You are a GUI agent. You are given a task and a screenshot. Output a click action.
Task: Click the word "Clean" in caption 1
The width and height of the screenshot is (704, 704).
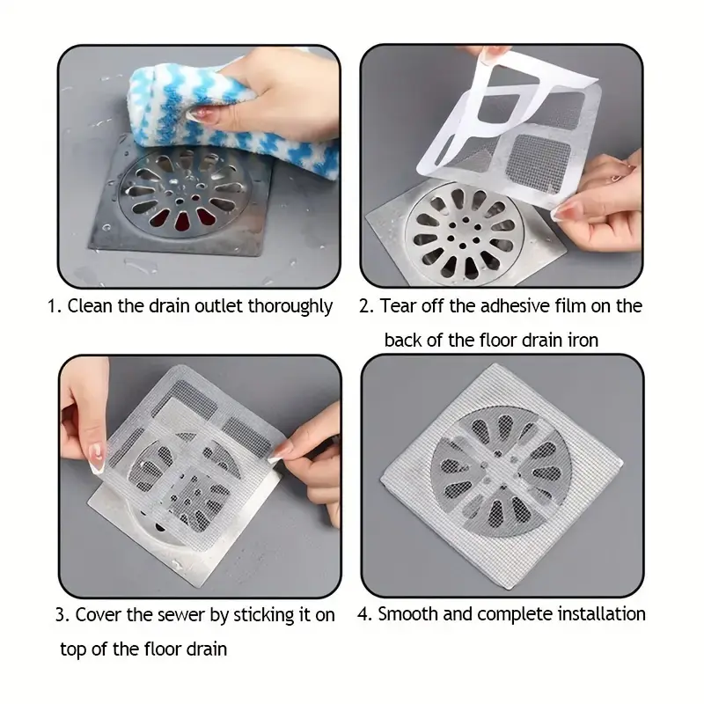tap(90, 306)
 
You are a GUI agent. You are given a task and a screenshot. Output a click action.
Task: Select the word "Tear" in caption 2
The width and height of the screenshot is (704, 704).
tap(398, 306)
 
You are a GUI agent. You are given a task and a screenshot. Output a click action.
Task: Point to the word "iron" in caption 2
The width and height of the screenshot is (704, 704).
tap(583, 341)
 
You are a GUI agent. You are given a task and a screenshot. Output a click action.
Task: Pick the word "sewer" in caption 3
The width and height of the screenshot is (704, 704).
tap(180, 615)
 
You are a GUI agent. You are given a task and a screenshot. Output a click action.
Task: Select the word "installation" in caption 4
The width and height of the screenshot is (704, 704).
tap(601, 614)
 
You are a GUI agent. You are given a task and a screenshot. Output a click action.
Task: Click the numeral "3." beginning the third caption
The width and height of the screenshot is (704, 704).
tap(62, 615)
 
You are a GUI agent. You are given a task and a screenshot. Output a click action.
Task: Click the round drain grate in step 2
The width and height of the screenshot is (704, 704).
tap(465, 232)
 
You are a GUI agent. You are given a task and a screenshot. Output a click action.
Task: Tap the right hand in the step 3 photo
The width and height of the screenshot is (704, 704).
tap(310, 463)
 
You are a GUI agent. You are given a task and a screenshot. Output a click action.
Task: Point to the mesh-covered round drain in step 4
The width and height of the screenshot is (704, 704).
tap(501, 472)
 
